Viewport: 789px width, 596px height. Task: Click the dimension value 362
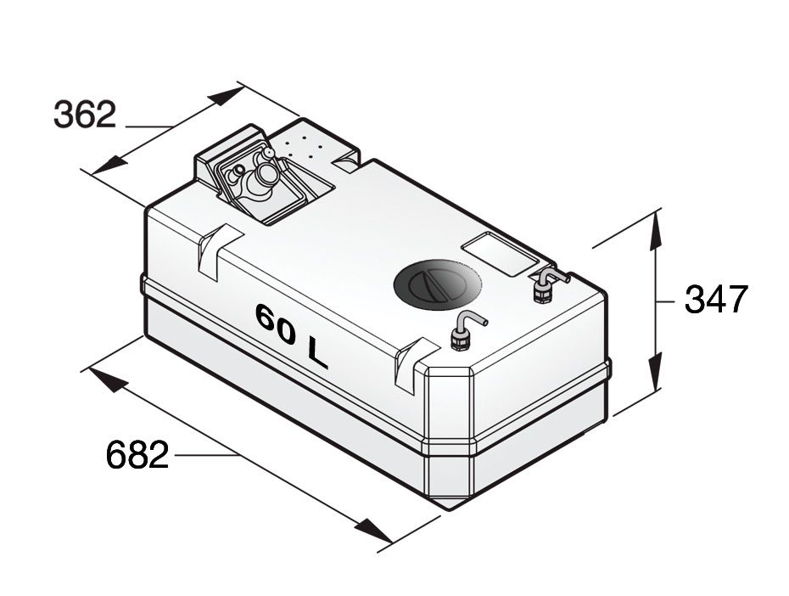coord(84,114)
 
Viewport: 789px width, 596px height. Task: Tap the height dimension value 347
coord(716,299)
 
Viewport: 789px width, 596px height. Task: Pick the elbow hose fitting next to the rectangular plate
coord(543,284)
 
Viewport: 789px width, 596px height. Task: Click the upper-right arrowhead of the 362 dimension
coord(227,94)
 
